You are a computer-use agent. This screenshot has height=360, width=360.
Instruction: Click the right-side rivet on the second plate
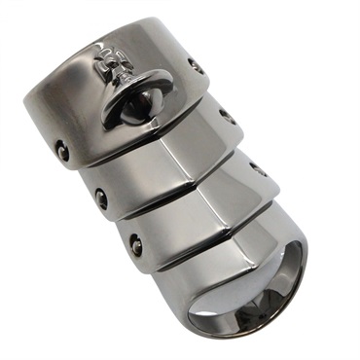228,117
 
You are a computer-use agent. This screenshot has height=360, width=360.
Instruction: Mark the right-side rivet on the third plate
258,166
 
